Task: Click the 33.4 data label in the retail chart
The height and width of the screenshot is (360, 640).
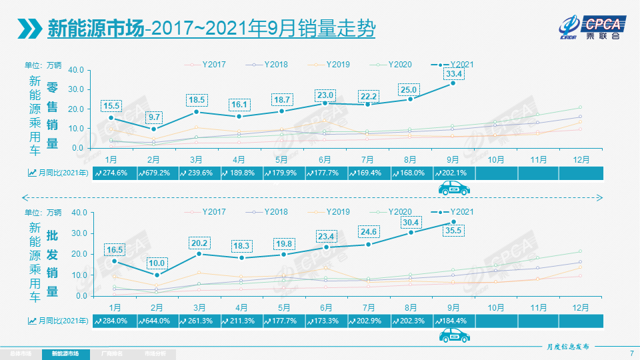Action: point(455,73)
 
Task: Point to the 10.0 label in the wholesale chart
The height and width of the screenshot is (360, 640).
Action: point(155,263)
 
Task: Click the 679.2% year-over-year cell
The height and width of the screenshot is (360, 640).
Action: point(157,173)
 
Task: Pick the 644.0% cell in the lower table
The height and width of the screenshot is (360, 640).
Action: point(157,321)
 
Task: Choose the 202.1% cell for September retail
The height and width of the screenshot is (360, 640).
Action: point(453,173)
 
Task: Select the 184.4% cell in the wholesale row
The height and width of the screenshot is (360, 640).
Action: point(453,321)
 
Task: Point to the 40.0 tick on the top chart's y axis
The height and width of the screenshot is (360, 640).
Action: point(75,69)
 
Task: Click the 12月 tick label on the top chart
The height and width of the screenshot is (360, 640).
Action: point(581,159)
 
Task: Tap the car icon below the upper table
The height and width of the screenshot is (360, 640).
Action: point(453,189)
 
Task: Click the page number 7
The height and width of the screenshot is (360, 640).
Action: point(631,353)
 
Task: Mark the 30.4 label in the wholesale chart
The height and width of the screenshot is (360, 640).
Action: point(411,223)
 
